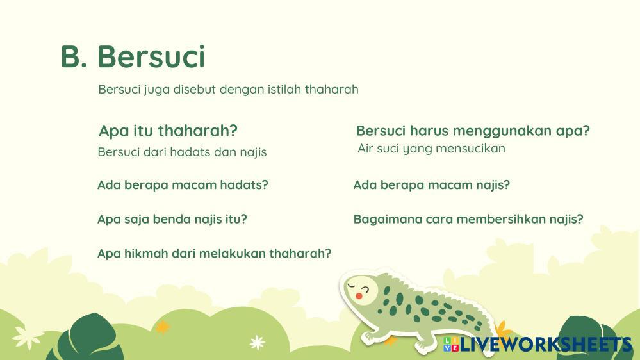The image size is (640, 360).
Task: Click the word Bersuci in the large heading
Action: click(151, 56)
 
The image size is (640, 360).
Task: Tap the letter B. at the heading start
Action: click(74, 56)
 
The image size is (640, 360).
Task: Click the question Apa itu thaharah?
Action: click(168, 131)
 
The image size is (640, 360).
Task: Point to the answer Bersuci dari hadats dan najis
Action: click(182, 152)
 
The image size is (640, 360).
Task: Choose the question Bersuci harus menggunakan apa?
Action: click(473, 131)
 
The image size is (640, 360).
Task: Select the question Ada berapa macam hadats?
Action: click(183, 185)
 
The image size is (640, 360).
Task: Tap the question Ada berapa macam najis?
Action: click(432, 185)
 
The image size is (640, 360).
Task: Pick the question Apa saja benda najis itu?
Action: click(172, 219)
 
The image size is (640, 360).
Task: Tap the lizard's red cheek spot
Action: click(358, 295)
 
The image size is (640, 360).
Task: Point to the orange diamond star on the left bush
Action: click(163, 327)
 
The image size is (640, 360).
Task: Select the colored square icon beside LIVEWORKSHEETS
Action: click(451, 344)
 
